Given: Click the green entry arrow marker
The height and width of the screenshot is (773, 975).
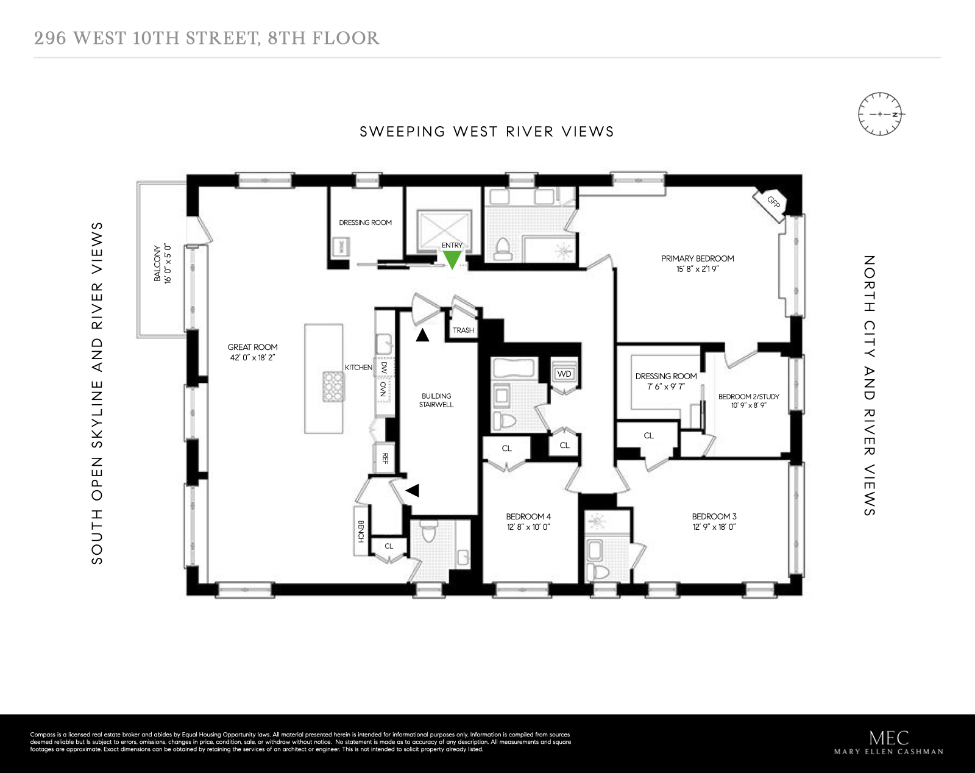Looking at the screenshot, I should (452, 260).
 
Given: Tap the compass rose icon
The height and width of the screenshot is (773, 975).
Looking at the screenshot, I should (880, 114).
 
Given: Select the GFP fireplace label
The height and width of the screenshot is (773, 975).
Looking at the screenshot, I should (773, 201).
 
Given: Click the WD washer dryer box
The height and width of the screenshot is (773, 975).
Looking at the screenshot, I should (564, 374).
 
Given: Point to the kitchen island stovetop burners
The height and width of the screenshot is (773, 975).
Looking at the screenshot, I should (333, 386).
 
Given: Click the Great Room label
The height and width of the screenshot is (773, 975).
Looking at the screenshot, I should (252, 347).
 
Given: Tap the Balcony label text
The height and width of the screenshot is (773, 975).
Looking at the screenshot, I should (157, 263).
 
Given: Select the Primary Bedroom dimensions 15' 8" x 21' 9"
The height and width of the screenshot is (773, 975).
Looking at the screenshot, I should (697, 269).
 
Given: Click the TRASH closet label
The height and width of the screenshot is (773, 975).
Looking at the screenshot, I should (463, 330).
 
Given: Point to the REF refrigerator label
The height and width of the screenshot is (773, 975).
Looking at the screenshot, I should (385, 458).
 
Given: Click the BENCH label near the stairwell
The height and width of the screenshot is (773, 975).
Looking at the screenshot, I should (361, 531).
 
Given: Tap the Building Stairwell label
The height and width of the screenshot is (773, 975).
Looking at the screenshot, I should (436, 400).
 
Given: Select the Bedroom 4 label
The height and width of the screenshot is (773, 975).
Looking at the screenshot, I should (528, 516).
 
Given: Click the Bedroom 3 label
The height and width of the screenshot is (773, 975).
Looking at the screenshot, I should (714, 516).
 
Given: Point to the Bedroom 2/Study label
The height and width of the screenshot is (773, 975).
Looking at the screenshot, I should (748, 396).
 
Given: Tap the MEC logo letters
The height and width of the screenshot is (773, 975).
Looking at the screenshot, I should (888, 738).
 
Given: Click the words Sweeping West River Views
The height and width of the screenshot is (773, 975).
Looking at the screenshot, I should (486, 132).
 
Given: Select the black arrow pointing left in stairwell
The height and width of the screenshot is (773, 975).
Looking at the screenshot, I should (413, 490).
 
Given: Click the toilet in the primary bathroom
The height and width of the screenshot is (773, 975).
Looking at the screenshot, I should (503, 249).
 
